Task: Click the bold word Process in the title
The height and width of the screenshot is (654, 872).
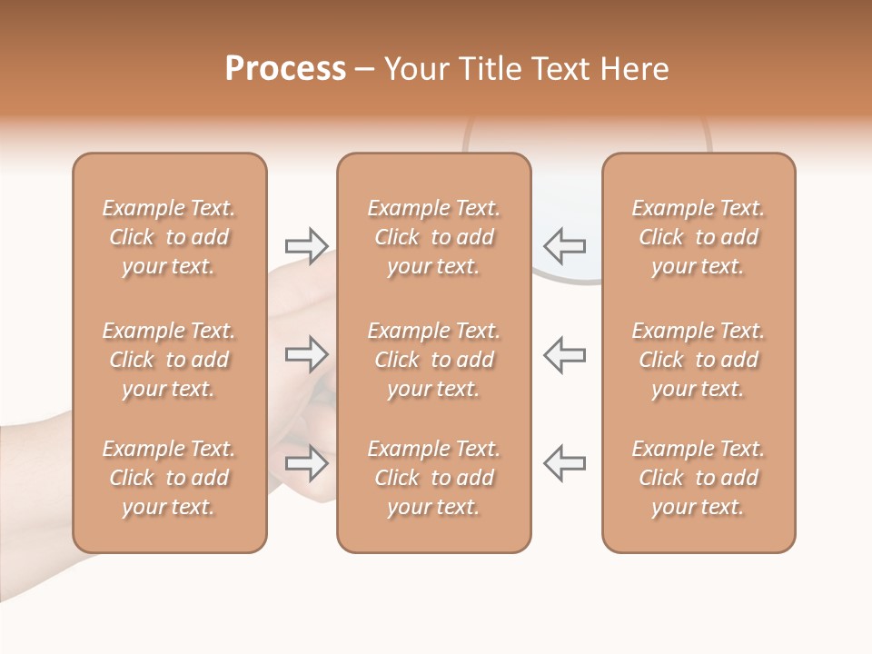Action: coord(285,69)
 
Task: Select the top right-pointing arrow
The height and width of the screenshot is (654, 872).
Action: coord(306,245)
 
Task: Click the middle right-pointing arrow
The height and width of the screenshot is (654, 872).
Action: coord(306,354)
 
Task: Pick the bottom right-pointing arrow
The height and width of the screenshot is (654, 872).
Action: coord(306,463)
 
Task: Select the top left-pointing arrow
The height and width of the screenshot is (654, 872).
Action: coord(564,245)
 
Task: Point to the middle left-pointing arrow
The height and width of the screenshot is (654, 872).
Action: coord(564,354)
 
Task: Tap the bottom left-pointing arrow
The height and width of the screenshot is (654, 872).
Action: coord(564,463)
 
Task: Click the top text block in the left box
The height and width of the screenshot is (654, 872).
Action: coord(169,237)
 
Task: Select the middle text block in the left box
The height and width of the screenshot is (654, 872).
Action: coord(169,360)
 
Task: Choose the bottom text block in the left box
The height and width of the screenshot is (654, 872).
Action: coord(169,478)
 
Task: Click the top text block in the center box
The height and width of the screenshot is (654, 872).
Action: coord(433,237)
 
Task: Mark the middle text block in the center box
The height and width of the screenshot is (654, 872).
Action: coord(433,360)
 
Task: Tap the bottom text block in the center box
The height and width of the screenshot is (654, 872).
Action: coord(433,478)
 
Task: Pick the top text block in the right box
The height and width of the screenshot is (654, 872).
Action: coord(699,237)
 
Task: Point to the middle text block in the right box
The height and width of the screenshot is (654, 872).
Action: coord(699,360)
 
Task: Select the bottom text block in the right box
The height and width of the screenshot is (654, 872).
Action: coord(699,478)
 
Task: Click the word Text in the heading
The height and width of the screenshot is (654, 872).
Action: coord(560,69)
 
